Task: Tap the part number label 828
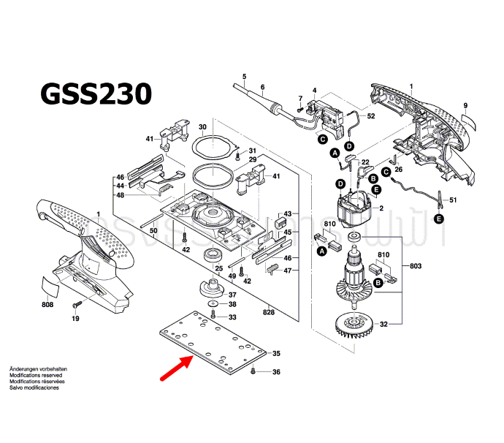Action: point(270,312)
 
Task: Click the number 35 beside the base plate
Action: point(276,354)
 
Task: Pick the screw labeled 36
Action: point(252,371)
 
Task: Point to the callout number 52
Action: point(371,116)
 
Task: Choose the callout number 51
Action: point(452,200)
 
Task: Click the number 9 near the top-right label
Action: point(465,107)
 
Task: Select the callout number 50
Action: point(153,231)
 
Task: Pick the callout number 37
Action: point(232,294)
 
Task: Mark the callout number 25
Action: point(217,268)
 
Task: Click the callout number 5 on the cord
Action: point(244,76)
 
